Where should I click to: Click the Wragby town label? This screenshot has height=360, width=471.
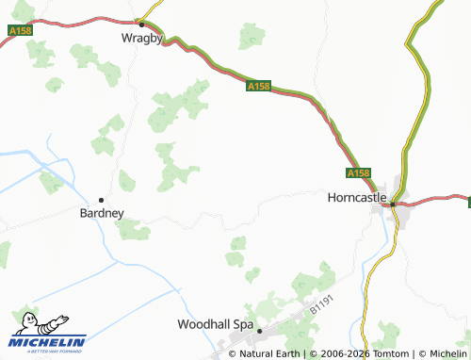coord(142,39)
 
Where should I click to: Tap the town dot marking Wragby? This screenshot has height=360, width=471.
coord(140,23)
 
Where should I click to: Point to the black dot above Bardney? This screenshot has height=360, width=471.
coord(101,199)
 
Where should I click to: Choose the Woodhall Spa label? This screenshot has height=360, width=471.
coord(216,324)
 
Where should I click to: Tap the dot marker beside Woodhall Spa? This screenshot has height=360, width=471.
coord(259,331)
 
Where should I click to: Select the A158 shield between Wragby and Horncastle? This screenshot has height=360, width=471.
coord(259,86)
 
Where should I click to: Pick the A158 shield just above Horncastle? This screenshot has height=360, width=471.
coord(358,173)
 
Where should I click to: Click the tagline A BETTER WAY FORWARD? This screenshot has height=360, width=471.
coord(47,352)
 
